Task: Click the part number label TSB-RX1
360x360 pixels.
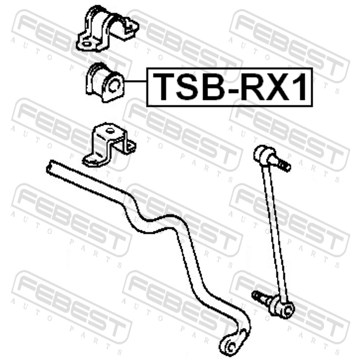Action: coord(230,87)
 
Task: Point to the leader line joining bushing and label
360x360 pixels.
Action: coord(135,81)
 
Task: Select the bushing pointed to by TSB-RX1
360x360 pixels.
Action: coord(105,82)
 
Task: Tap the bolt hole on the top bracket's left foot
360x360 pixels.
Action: coord(87,44)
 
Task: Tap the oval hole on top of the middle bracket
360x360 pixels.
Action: coord(109,131)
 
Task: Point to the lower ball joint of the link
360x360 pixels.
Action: coord(282,308)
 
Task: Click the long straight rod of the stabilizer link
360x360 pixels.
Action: coord(275,232)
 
